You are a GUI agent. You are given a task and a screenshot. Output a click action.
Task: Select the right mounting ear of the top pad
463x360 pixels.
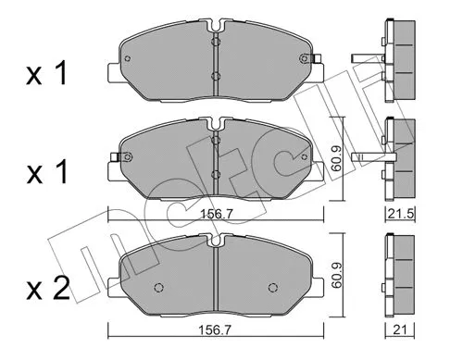click(315, 63)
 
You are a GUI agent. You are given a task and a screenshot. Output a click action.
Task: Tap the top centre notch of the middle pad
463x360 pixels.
click(215, 121)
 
